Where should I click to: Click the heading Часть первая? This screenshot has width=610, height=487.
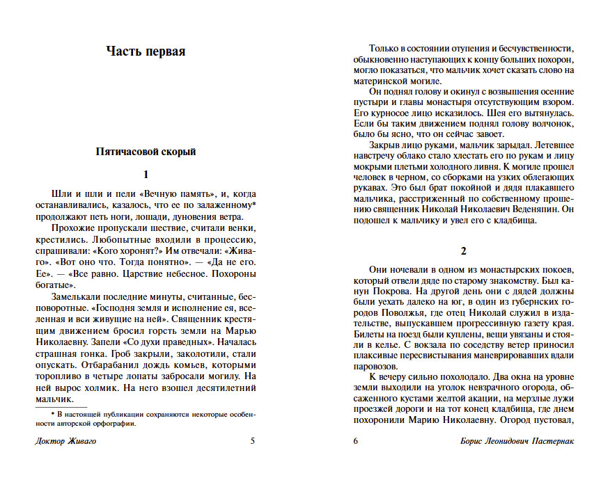(146, 51)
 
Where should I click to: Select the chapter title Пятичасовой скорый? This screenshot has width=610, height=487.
(146, 152)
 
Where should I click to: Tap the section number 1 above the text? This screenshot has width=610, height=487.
(146, 175)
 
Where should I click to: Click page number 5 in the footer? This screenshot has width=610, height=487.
(253, 440)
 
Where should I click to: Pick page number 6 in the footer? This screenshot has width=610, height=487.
(355, 440)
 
